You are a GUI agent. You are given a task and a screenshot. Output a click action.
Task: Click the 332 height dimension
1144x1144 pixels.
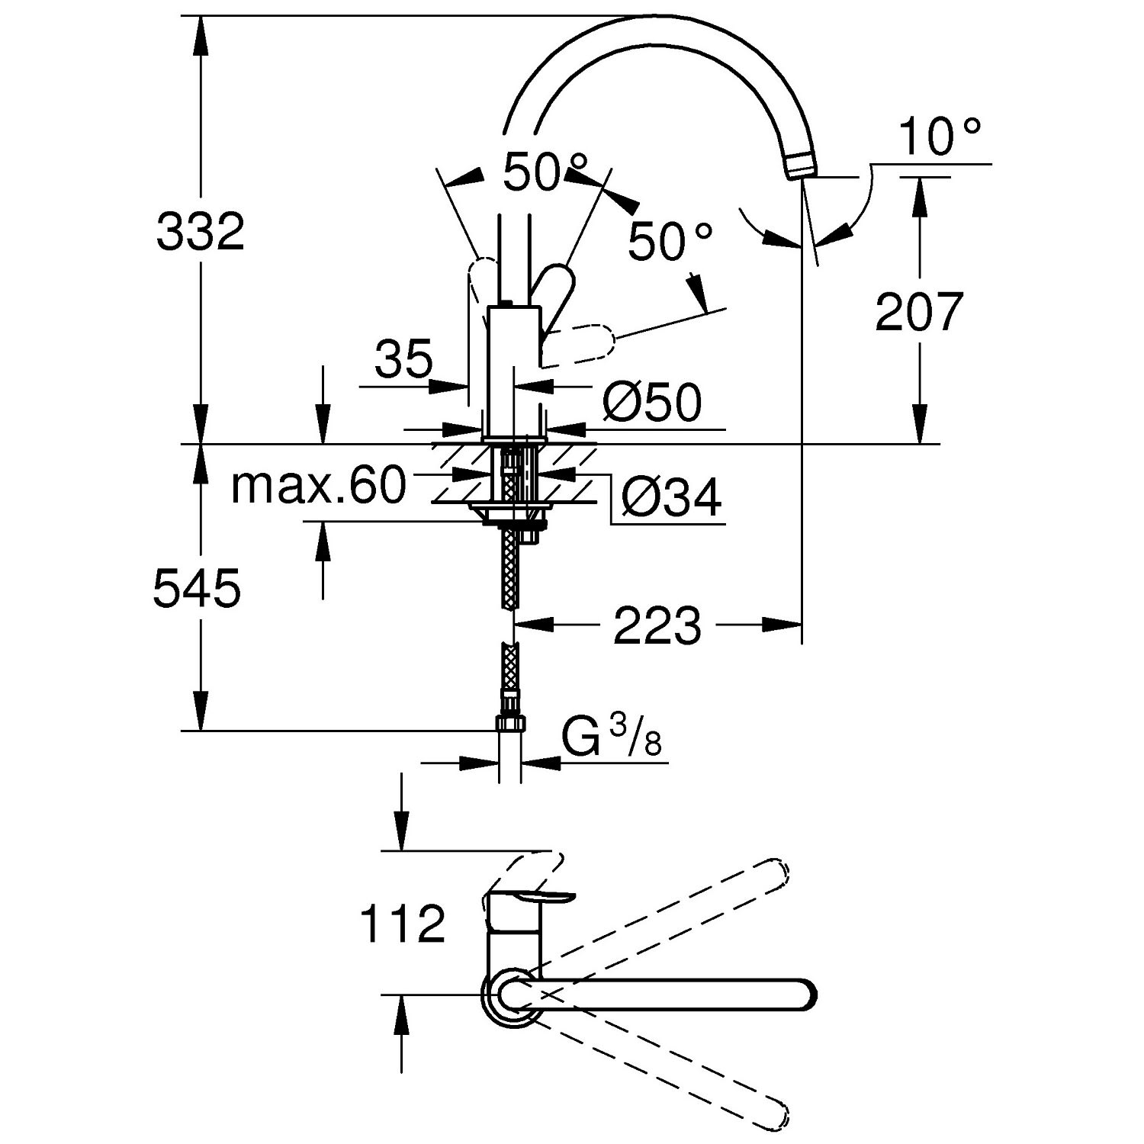[x=200, y=232]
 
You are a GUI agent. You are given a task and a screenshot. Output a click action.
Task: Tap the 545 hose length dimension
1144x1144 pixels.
[x=198, y=589]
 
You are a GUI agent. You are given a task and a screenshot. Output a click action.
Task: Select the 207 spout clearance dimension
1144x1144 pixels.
[x=919, y=311]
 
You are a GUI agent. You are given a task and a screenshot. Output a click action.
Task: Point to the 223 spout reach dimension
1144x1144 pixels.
[x=657, y=625]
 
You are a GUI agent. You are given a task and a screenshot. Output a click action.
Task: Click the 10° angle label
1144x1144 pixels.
[x=937, y=137]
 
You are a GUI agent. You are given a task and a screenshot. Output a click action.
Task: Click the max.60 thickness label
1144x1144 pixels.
[x=318, y=485]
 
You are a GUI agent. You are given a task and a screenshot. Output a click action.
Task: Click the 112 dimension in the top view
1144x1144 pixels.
[x=402, y=924]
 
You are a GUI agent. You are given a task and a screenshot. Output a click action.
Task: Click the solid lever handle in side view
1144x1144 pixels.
[x=554, y=293]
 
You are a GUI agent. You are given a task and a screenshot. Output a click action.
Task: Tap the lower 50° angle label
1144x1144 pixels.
[x=670, y=242]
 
